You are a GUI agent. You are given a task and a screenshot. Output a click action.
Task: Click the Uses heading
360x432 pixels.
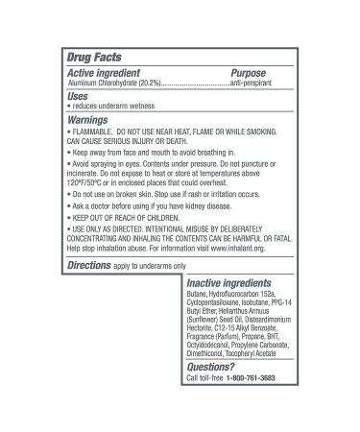pos(79,98)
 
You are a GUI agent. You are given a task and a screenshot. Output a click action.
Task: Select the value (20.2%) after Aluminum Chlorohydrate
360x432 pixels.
pos(147,84)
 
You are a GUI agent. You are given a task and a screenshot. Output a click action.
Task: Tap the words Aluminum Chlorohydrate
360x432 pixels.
pos(100,84)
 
